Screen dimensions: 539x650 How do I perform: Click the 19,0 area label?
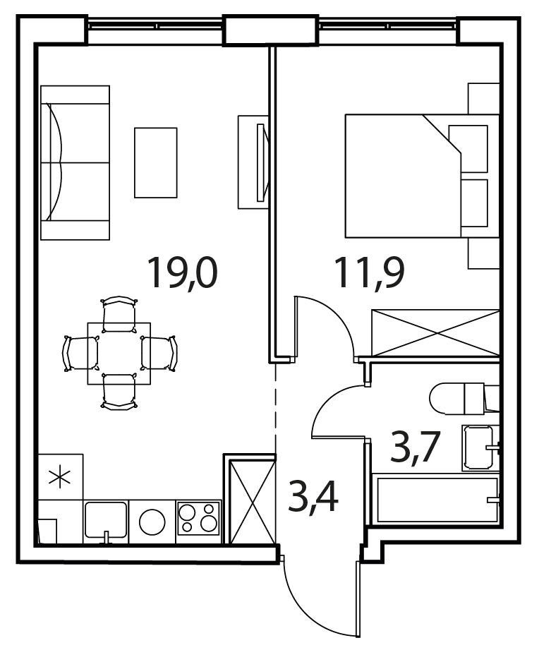tap(182, 272)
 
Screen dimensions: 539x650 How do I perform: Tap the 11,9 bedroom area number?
tap(369, 272)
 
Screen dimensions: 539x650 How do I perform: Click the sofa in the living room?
tap(75, 162)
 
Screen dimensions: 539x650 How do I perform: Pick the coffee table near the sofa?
tap(156, 162)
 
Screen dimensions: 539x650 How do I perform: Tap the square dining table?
tap(119, 354)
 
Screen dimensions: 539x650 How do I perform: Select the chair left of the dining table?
tap(80, 354)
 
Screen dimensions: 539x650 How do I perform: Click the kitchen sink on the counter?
tap(106, 520)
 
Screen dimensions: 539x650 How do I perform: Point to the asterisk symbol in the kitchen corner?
tap(59, 476)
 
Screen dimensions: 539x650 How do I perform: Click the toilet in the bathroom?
tap(464, 399)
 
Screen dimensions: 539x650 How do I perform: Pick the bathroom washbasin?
tap(480, 447)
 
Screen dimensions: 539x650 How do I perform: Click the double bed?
tap(422, 176)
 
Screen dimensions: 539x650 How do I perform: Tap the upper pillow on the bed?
tap(468, 148)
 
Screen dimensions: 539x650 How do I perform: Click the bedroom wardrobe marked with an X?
tap(436, 332)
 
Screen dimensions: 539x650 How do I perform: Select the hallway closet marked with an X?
tap(253, 501)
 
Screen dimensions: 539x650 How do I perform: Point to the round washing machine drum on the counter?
tap(152, 522)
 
